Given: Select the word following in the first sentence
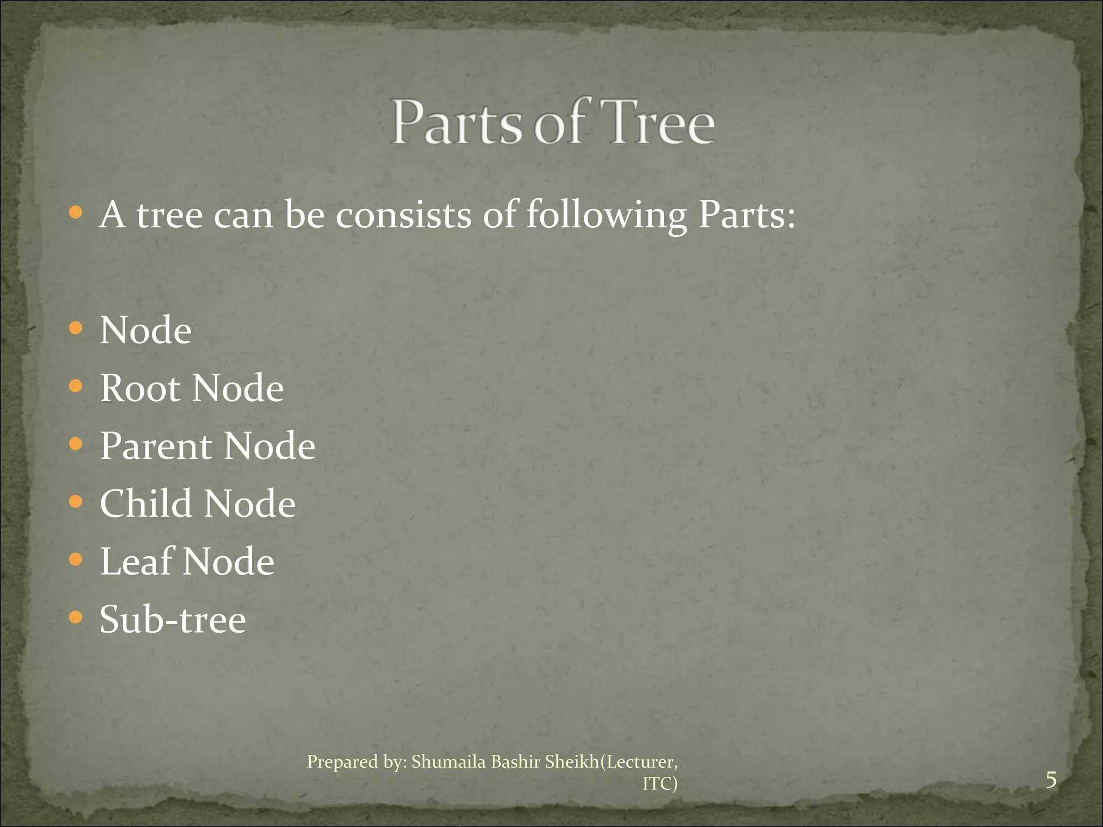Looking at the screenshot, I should (x=606, y=216).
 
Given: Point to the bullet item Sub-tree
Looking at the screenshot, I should (x=173, y=619).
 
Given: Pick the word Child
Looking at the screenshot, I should (x=146, y=503).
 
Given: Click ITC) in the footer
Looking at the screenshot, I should (x=660, y=784).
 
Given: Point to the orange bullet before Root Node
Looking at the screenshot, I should (x=76, y=386).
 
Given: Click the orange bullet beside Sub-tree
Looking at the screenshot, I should (x=76, y=617).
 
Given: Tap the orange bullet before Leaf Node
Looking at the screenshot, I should (x=76, y=559).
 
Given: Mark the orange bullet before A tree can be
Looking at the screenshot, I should (x=76, y=213).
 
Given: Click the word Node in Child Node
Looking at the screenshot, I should (x=250, y=503).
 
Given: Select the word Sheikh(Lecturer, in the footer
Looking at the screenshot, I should (x=611, y=762).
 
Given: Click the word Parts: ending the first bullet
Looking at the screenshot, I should (x=746, y=215).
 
